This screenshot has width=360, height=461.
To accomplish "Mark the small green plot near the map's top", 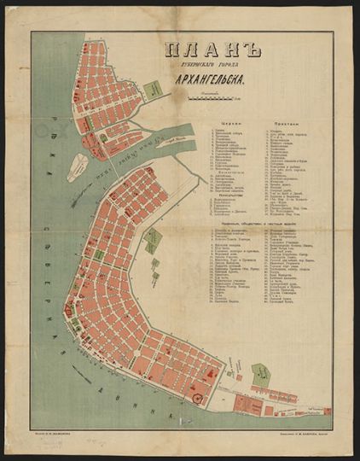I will click(154, 88).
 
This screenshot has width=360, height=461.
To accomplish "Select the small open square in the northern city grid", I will click(102, 137).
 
